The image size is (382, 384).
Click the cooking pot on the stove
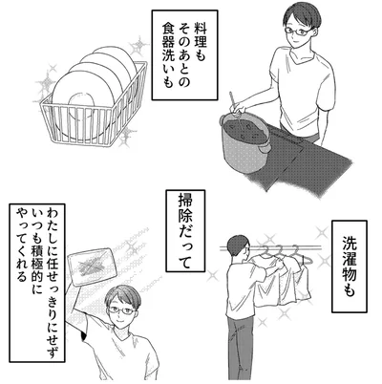pyautogui.click(x=245, y=140)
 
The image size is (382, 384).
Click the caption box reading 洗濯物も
pyautogui.click(x=350, y=267)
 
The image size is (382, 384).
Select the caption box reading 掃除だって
pyautogui.click(x=185, y=231)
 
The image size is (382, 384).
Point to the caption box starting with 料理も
pyautogui.click(x=184, y=55)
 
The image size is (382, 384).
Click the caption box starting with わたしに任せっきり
pyautogui.click(x=37, y=283)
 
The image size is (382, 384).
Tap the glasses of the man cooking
pyautogui.click(x=297, y=32)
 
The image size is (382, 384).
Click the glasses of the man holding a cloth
pyautogui.click(x=122, y=310)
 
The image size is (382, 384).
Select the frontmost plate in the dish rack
pyautogui.click(x=83, y=101)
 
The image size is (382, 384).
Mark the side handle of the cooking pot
pyautogui.click(x=265, y=147)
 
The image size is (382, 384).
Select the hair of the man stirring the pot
pyautogui.click(x=301, y=16)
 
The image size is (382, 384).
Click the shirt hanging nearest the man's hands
pyautogui.click(x=268, y=280)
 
